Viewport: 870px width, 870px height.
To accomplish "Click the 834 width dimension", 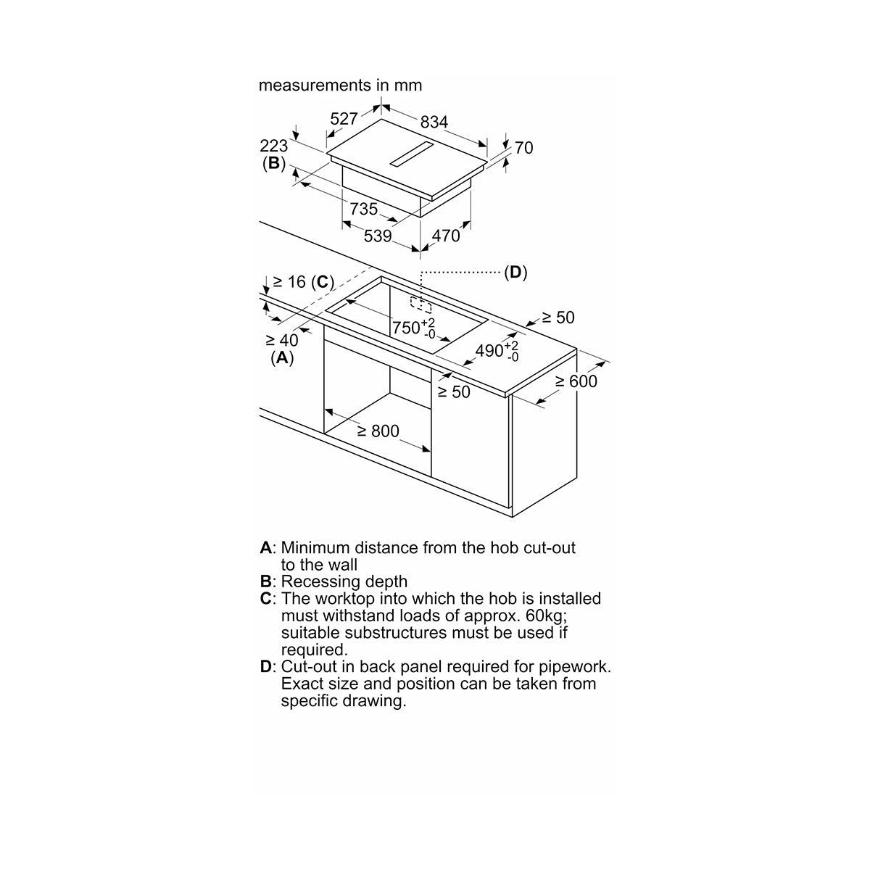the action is click(434, 122).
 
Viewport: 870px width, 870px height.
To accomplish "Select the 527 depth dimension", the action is click(344, 119).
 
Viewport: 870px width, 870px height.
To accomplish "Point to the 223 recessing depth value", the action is click(273, 146).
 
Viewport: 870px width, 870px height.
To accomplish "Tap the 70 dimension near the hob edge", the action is click(523, 148).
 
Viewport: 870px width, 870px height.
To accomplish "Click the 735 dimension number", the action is click(363, 209).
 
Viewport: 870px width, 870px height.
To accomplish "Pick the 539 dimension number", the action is click(378, 236).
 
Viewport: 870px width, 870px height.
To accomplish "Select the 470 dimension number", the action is click(446, 236).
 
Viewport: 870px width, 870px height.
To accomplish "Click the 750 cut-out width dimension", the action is click(413, 328).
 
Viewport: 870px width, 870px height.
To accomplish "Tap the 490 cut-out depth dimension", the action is click(497, 351).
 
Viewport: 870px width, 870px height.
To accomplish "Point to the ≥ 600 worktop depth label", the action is click(576, 381).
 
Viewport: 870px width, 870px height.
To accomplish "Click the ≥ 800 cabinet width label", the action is click(378, 431).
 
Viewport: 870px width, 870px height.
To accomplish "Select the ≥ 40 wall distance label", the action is click(282, 340).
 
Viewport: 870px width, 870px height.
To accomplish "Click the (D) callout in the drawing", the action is click(515, 272).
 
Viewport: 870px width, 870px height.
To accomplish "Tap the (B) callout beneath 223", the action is click(274, 163).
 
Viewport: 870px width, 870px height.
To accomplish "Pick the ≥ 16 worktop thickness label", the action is click(289, 282).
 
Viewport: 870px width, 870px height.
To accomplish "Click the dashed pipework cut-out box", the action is click(420, 304).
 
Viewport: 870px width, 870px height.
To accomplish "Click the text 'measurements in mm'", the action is click(341, 85).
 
